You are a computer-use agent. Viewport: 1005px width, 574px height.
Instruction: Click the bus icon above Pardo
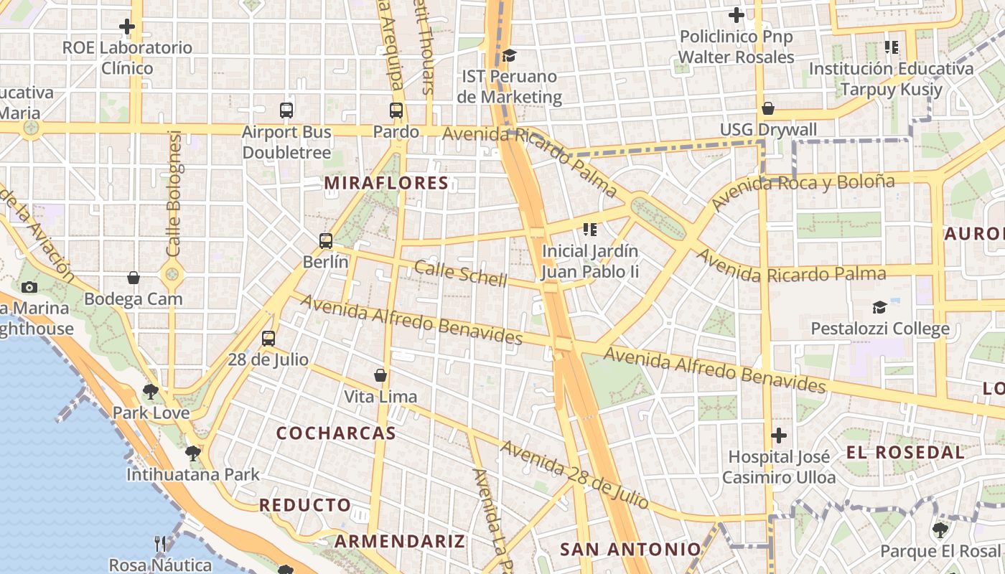pyautogui.click(x=396, y=110)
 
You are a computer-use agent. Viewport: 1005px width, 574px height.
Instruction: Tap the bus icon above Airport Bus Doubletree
pyautogui.click(x=286, y=110)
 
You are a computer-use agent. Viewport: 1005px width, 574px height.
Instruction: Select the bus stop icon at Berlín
pyautogui.click(x=326, y=241)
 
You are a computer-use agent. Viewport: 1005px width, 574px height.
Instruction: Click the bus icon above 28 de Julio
pyautogui.click(x=268, y=339)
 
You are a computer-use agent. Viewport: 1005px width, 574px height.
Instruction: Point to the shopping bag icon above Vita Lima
pyautogui.click(x=380, y=375)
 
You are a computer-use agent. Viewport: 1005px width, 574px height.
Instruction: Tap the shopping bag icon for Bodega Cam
pyautogui.click(x=134, y=278)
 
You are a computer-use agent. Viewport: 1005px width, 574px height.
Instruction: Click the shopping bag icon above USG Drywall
pyautogui.click(x=768, y=108)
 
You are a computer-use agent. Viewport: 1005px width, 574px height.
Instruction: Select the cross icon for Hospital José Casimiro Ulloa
pyautogui.click(x=779, y=436)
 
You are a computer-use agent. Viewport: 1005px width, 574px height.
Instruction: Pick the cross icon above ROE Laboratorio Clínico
pyautogui.click(x=127, y=27)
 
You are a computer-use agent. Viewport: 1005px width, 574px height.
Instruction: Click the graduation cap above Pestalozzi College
pyautogui.click(x=879, y=308)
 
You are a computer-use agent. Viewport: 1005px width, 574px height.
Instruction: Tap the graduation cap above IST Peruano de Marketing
pyautogui.click(x=509, y=55)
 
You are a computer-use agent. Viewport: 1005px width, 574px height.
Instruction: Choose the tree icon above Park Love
pyautogui.click(x=150, y=392)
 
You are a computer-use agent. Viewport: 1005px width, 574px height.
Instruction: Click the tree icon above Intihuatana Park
pyautogui.click(x=192, y=453)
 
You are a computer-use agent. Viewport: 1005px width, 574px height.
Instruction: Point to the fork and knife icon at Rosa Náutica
pyautogui.click(x=160, y=544)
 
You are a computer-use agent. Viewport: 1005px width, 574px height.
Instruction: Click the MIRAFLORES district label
pyautogui.click(x=386, y=183)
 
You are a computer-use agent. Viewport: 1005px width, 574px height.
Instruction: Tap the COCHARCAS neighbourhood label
pyautogui.click(x=336, y=433)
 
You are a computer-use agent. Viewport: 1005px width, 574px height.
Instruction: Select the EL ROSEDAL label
pyautogui.click(x=905, y=453)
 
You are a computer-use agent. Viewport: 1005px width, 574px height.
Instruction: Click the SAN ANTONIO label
pyautogui.click(x=630, y=550)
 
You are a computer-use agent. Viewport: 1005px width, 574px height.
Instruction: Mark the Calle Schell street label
pyautogui.click(x=460, y=274)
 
